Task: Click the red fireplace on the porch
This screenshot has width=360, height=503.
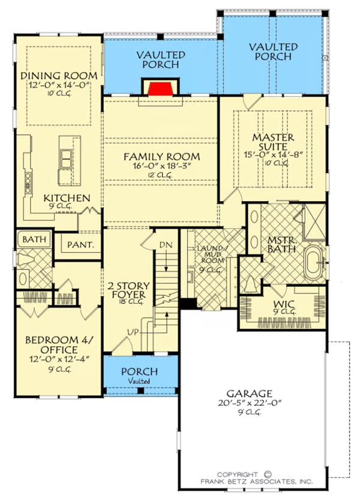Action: (161, 89)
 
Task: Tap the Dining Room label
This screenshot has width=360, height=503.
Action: (59, 76)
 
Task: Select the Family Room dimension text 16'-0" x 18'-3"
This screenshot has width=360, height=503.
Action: (161, 166)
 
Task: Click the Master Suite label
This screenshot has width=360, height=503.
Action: (273, 142)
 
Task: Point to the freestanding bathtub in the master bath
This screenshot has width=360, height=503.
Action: (314, 262)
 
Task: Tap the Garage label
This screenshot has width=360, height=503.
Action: (250, 393)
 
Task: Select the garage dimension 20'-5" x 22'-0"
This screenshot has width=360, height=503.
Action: (250, 403)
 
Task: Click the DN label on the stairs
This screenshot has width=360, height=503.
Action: (166, 245)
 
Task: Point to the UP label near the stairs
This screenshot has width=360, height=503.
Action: (133, 333)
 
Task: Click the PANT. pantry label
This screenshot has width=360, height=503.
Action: (80, 245)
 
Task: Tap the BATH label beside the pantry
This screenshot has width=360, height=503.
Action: (34, 239)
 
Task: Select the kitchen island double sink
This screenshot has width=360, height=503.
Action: (66, 159)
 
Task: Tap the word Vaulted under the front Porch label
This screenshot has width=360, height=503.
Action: (140, 381)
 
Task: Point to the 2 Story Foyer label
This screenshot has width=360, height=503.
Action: (129, 290)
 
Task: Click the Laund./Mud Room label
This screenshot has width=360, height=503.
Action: (210, 255)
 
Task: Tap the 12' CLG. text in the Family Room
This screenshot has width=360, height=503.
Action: (161, 175)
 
